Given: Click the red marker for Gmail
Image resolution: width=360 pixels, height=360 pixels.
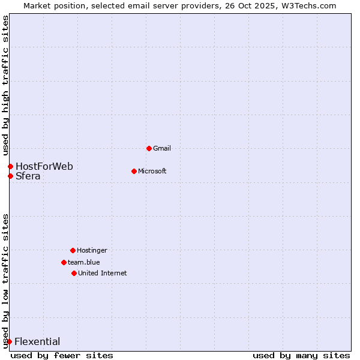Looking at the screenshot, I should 149,148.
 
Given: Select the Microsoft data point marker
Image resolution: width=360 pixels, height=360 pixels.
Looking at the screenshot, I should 134,171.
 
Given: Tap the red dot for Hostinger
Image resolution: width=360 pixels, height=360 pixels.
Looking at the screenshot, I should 73,250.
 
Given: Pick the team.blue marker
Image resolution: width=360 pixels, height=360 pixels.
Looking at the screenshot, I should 64,262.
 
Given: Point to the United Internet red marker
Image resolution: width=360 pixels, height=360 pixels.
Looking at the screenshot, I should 74,273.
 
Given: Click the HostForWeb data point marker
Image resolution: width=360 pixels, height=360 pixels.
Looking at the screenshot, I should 10,166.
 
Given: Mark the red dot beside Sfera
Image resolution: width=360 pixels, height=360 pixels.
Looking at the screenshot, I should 10,176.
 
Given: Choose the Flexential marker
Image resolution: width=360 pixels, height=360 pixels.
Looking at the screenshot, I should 9,342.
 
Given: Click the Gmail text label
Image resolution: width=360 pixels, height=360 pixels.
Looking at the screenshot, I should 162,148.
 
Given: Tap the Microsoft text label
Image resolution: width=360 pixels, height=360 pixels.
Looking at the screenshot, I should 152,171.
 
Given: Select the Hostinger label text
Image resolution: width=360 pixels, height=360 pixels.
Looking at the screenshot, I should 92,250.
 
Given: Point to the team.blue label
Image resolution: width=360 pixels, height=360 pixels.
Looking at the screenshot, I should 84,262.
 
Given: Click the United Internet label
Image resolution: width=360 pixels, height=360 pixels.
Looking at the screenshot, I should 103,273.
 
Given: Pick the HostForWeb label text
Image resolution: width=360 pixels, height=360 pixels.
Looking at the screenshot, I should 44,166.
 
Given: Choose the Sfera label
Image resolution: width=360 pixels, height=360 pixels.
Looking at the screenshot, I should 28,176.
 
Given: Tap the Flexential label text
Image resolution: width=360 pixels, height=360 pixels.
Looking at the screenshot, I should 37,342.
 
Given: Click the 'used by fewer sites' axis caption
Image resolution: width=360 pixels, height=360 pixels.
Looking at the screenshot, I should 62,355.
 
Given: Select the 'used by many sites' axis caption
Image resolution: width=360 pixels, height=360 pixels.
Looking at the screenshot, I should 301,355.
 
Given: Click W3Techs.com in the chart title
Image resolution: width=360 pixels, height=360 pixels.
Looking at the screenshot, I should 307,5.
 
